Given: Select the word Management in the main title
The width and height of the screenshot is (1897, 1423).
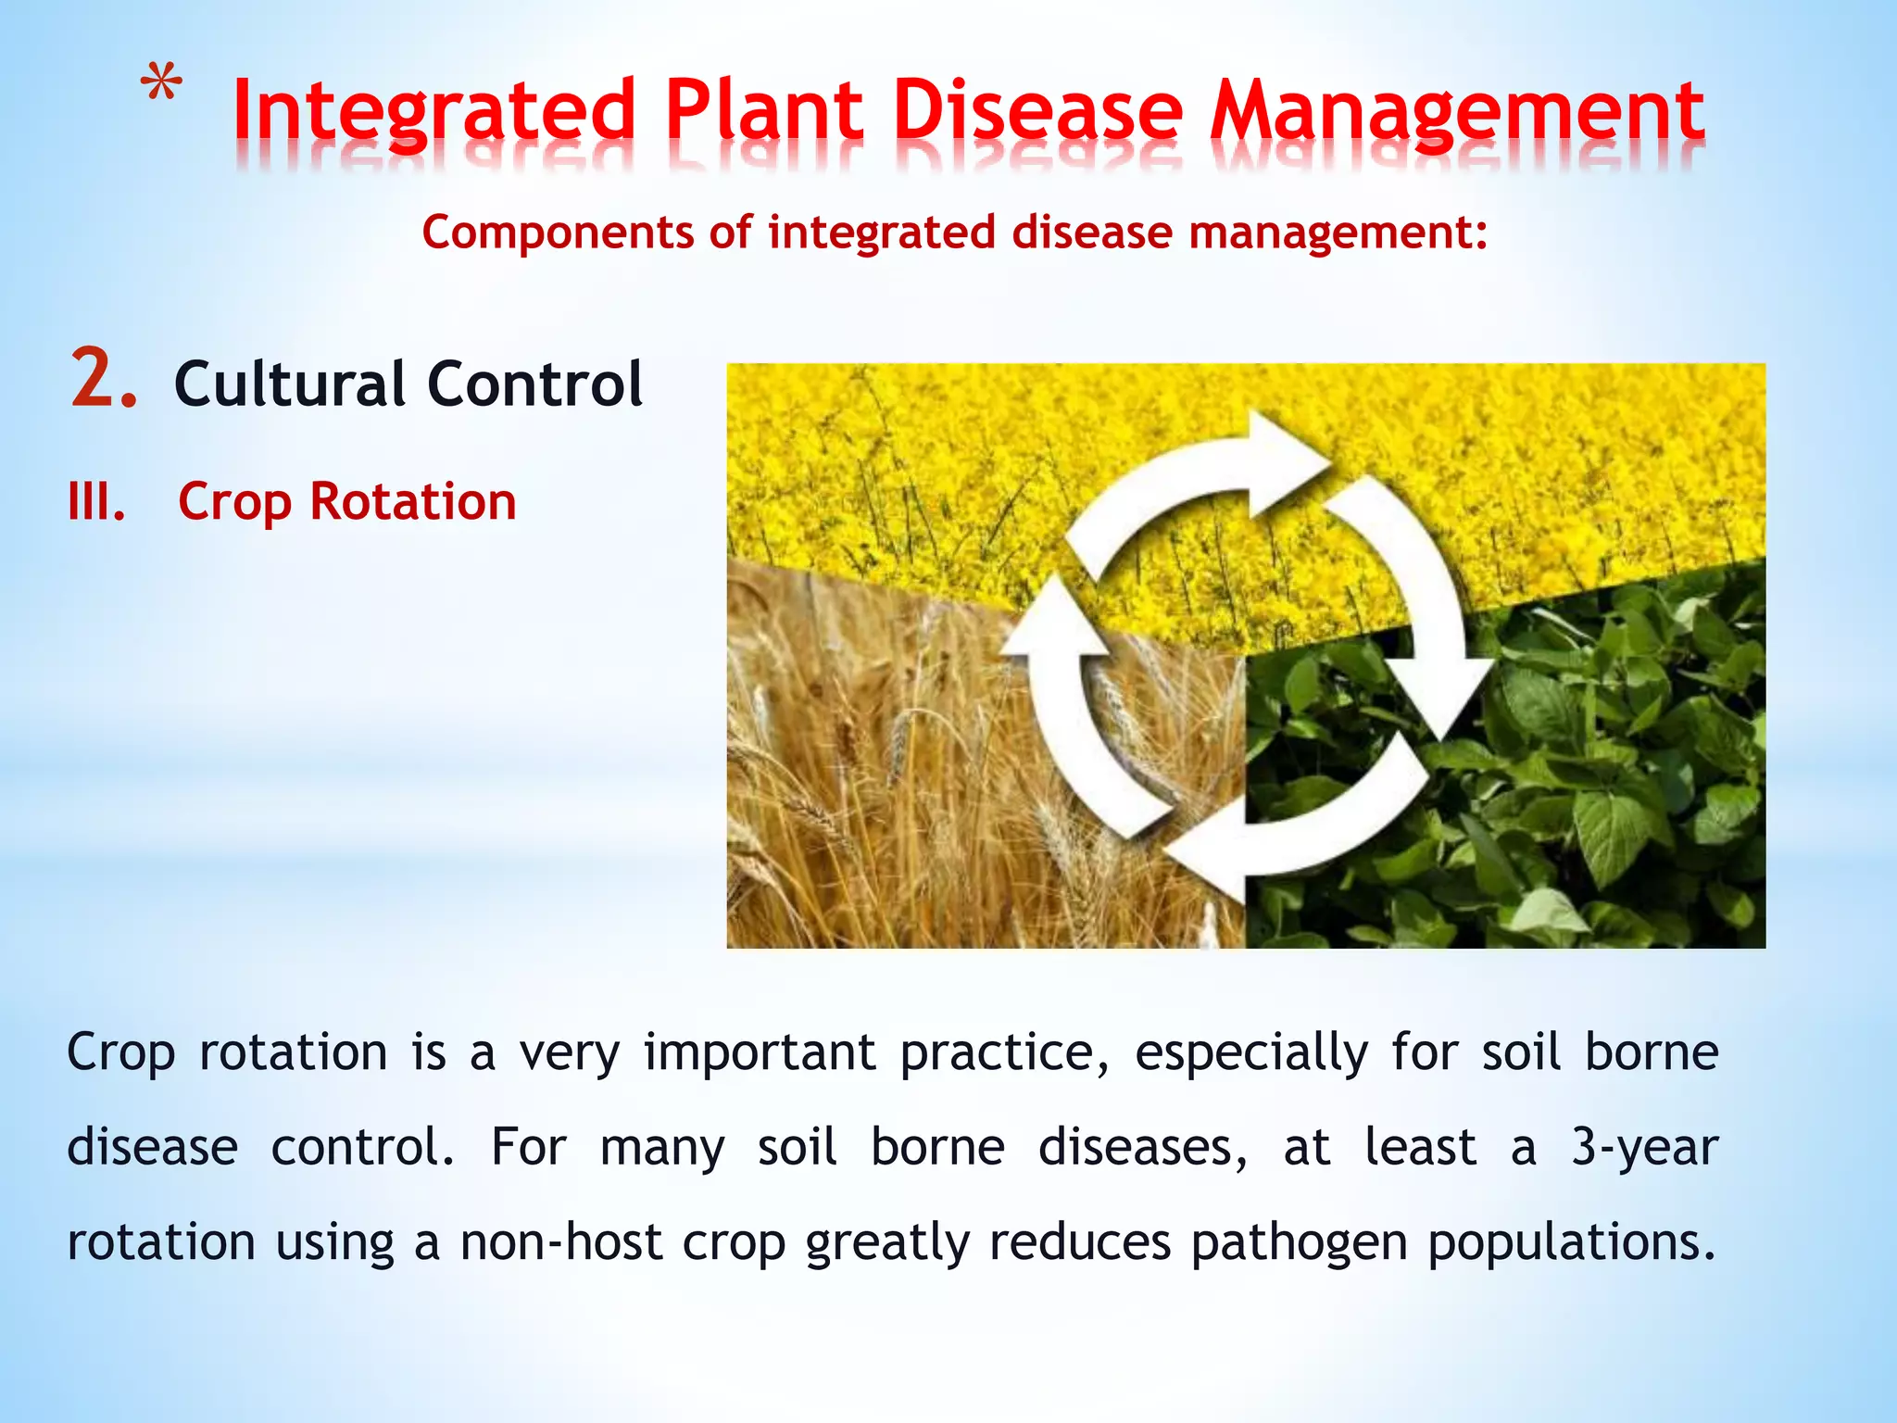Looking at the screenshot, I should point(1458,113).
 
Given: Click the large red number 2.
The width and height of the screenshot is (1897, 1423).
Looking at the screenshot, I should point(103,379).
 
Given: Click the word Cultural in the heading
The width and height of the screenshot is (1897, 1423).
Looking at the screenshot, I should point(289,384).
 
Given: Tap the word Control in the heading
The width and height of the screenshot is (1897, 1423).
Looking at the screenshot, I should point(534,384).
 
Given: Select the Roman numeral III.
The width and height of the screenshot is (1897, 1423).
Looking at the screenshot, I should point(96,502).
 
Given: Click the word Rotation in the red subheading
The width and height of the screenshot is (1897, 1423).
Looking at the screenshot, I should point(412,502).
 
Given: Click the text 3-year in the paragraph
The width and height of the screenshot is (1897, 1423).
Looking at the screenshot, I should point(1644,1148).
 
